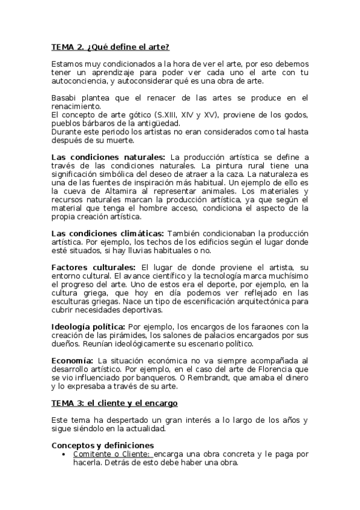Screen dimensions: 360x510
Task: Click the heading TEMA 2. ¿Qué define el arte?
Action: [110, 47]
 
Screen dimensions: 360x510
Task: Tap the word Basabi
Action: [65, 97]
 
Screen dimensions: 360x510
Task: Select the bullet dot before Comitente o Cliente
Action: [64, 454]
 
